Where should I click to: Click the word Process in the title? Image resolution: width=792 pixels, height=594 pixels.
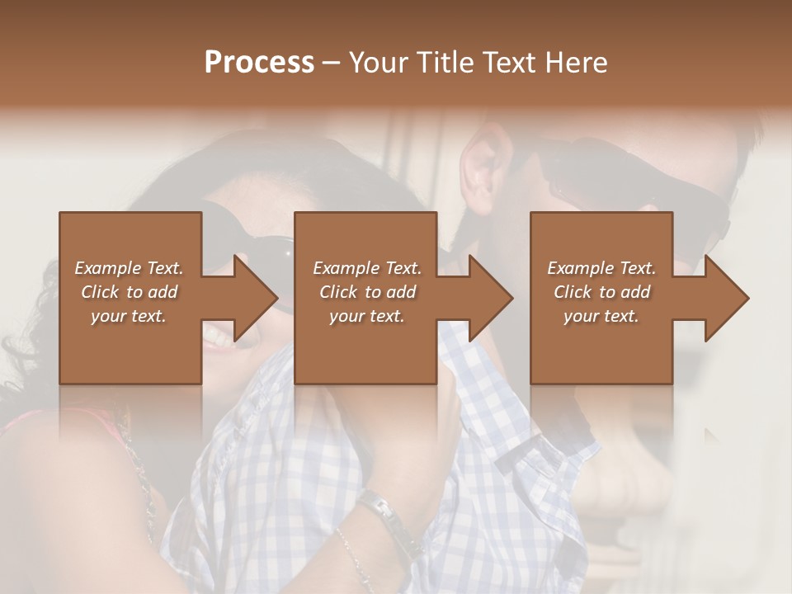click(259, 63)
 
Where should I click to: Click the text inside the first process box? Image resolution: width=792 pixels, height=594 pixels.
click(129, 292)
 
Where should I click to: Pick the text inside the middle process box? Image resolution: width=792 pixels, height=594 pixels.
click(367, 292)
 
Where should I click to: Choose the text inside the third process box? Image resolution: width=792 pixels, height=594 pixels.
click(601, 292)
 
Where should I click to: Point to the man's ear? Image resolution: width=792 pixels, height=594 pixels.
click(483, 169)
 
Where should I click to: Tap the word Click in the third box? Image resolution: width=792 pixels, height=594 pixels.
click(573, 292)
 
